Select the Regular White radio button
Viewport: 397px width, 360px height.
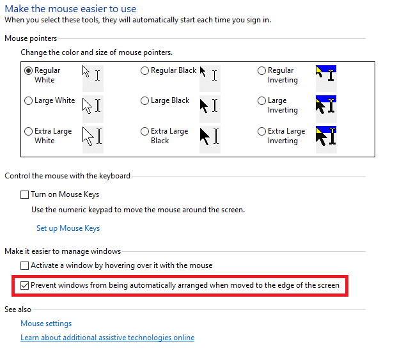pyautogui.click(x=28, y=70)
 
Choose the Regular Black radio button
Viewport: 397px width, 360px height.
pyautogui.click(x=144, y=70)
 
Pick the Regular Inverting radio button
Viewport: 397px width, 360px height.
pyautogui.click(x=261, y=70)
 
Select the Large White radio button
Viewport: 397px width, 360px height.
pyautogui.click(x=28, y=101)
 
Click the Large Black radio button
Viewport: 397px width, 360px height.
pyautogui.click(x=144, y=101)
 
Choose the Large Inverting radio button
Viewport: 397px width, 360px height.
pyautogui.click(x=261, y=101)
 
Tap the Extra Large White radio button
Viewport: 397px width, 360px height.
pyautogui.click(x=28, y=131)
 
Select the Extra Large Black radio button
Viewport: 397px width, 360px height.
pyautogui.click(x=144, y=131)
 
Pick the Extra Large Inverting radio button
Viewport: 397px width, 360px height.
pyautogui.click(x=261, y=131)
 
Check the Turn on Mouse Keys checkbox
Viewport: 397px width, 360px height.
pyautogui.click(x=24, y=194)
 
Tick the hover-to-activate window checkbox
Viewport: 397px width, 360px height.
pyautogui.click(x=24, y=265)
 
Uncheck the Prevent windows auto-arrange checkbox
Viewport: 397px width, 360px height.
pyautogui.click(x=24, y=286)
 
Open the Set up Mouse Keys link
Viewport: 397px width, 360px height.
pyautogui.click(x=68, y=228)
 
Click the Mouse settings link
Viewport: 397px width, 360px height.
pyautogui.click(x=46, y=324)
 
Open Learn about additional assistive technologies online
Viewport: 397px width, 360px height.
pyautogui.click(x=107, y=338)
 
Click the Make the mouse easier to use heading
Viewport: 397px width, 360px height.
pyautogui.click(x=70, y=9)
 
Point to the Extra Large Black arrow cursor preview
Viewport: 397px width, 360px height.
pyautogui.click(x=205, y=136)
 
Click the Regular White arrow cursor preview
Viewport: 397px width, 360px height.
pyautogui.click(x=86, y=72)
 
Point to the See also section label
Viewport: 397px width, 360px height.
pyautogui.click(x=18, y=309)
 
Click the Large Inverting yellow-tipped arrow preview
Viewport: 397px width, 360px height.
pyautogui.click(x=320, y=106)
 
